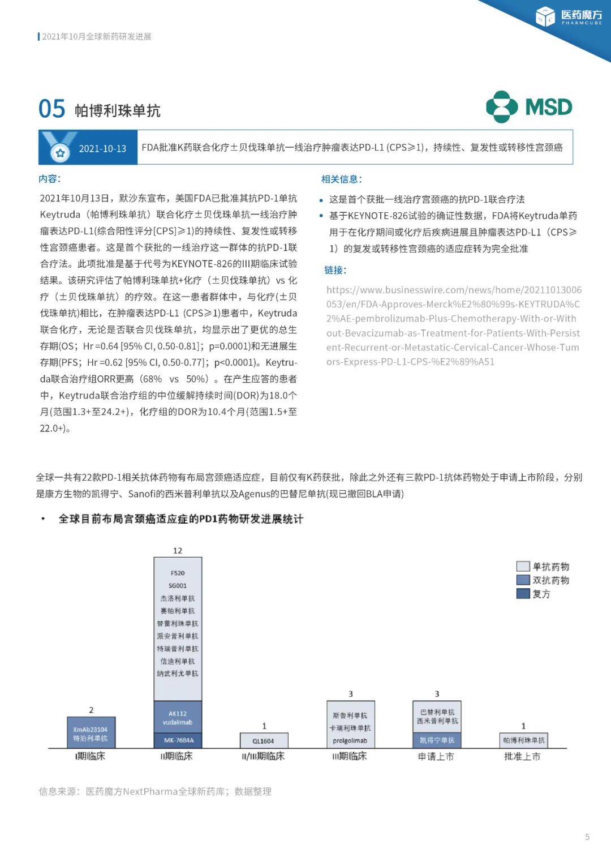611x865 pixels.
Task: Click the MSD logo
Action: click(x=529, y=107)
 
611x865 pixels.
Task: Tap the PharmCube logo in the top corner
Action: click(x=569, y=17)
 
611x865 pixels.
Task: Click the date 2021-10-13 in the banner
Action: click(x=102, y=148)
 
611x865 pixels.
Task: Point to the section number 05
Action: click(x=52, y=109)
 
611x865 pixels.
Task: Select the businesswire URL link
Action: click(x=453, y=326)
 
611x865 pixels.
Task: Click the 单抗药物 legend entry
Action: click(x=543, y=567)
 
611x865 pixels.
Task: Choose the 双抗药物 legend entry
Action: click(x=543, y=580)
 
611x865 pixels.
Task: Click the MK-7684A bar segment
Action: click(x=178, y=740)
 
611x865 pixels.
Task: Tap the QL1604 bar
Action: click(x=264, y=740)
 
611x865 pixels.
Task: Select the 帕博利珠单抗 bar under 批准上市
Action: click(x=523, y=740)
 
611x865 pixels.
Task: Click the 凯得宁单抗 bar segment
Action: click(x=437, y=740)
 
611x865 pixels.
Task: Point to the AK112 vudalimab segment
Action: click(x=178, y=717)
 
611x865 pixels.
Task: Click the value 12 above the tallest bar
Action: click(x=178, y=551)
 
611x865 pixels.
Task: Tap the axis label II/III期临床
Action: click(x=264, y=756)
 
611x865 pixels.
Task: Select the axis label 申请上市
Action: click(x=436, y=756)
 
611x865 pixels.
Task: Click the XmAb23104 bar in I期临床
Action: click(x=91, y=734)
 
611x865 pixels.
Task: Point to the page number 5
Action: click(x=587, y=837)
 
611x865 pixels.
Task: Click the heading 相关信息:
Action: click(x=342, y=179)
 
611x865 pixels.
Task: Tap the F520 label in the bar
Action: click(x=178, y=573)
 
